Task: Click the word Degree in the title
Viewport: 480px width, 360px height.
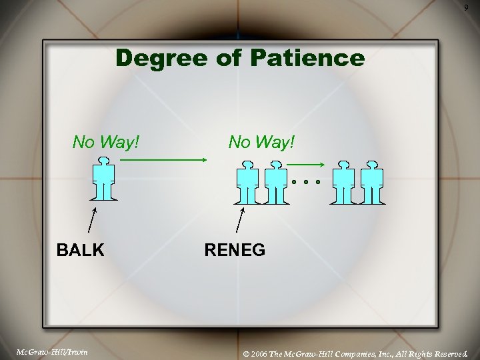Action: point(158,59)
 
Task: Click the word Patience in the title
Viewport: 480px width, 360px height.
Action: point(308,59)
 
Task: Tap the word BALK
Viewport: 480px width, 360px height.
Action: point(80,250)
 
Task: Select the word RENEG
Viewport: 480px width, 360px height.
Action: point(235,250)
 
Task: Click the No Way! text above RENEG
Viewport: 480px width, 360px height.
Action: point(261,142)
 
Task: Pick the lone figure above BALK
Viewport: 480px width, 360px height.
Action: point(103,179)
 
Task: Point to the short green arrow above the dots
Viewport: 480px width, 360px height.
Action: point(307,164)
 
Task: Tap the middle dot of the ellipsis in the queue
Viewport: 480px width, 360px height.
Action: point(306,181)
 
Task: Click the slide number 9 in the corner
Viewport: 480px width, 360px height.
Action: point(466,7)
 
